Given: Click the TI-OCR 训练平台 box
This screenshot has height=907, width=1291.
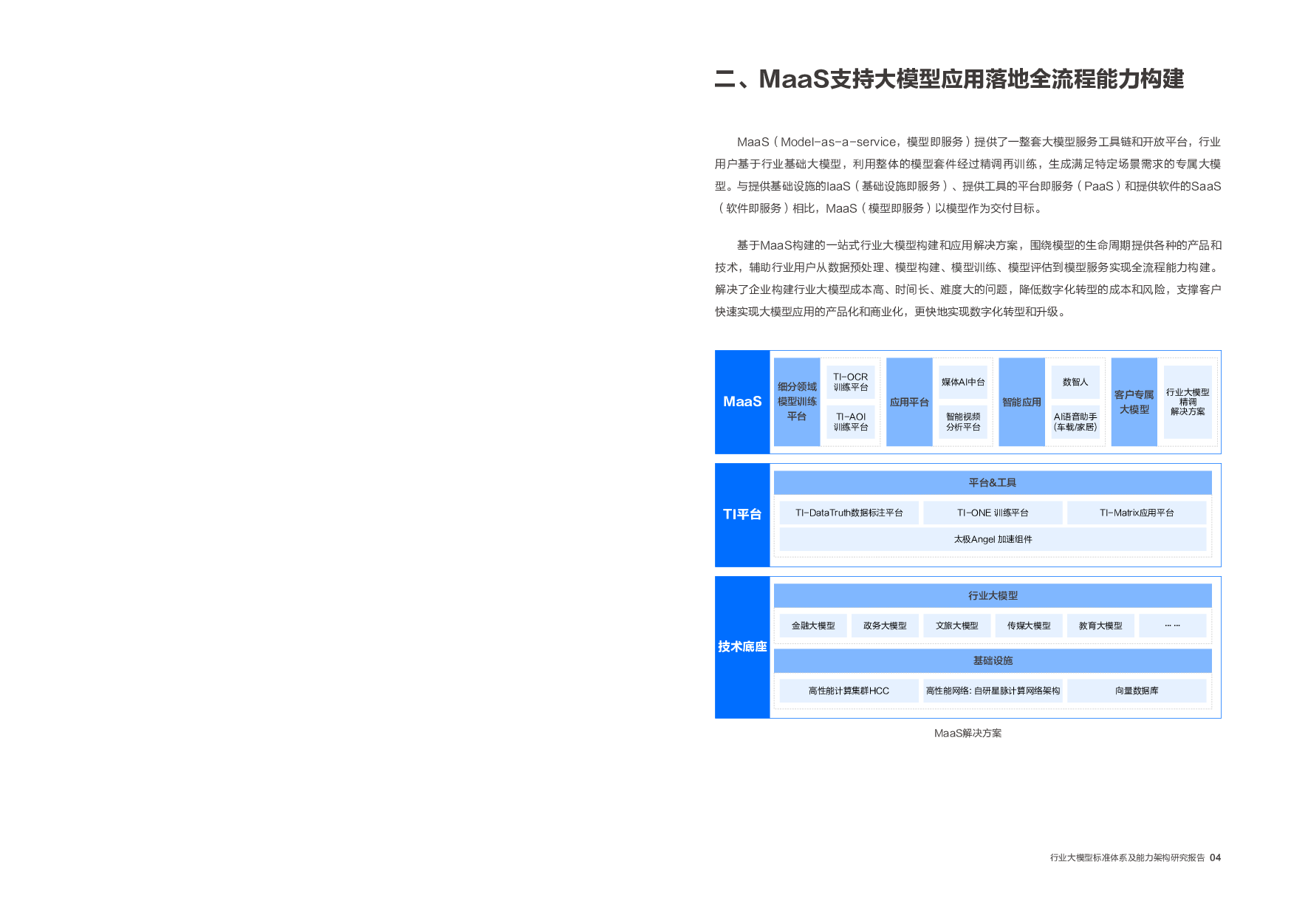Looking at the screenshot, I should [850, 382].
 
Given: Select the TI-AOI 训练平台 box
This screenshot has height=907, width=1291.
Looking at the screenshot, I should [850, 422].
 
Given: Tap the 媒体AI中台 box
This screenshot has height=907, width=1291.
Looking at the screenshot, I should [963, 382].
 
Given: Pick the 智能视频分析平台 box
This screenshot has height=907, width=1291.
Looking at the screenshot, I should [963, 422].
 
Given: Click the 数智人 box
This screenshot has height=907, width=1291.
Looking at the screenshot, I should [1075, 382].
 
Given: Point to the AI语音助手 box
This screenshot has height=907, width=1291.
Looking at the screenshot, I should [1075, 422].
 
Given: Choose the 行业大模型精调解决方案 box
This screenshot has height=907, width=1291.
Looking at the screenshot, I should [1188, 402].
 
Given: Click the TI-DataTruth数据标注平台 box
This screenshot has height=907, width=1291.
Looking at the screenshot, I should [849, 513].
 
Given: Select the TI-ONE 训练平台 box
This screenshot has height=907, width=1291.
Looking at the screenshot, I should [993, 513].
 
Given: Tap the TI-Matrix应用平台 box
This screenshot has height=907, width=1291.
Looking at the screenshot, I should [1137, 513].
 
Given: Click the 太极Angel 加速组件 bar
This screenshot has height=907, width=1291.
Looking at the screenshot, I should [993, 539].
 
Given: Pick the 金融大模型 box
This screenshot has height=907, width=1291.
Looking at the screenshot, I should [813, 626].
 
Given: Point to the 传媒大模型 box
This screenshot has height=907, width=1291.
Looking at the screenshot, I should [1029, 626].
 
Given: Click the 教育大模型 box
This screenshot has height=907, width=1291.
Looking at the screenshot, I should [1100, 626].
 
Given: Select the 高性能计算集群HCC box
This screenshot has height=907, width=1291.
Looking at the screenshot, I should [849, 691].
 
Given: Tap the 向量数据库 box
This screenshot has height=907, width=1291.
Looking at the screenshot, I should [1137, 691].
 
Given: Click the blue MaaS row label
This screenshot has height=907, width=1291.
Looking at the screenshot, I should [742, 402].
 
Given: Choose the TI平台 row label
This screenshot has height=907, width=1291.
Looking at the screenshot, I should [742, 515].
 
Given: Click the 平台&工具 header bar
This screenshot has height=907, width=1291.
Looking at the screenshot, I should [993, 482].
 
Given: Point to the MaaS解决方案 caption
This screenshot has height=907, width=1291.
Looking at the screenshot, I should [968, 733].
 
